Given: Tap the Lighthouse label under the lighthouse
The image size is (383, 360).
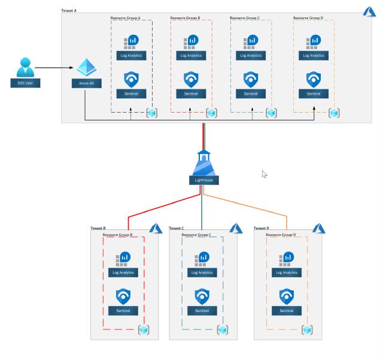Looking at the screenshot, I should tap(203, 180).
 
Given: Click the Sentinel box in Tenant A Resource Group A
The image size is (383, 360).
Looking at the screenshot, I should tap(131, 93).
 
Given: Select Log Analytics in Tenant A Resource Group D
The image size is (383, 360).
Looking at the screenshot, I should tap(314, 55).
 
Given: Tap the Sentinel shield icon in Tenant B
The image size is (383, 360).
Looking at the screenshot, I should tap(123, 296).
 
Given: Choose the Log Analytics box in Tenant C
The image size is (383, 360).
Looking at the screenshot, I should tap(203, 273).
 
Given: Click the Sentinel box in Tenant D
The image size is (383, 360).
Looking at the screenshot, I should tap(287, 310).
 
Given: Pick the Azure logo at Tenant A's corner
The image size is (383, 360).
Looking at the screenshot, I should tap(369, 12).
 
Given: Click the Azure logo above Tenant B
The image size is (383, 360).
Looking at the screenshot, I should tap(156, 228).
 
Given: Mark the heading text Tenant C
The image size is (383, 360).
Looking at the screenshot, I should tap(176, 228).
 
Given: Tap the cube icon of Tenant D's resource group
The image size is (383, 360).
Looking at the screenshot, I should tap(307, 329).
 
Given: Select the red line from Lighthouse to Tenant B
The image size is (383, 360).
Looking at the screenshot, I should tap(162, 207).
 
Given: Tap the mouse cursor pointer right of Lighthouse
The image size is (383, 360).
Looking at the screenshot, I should tap(264, 174).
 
